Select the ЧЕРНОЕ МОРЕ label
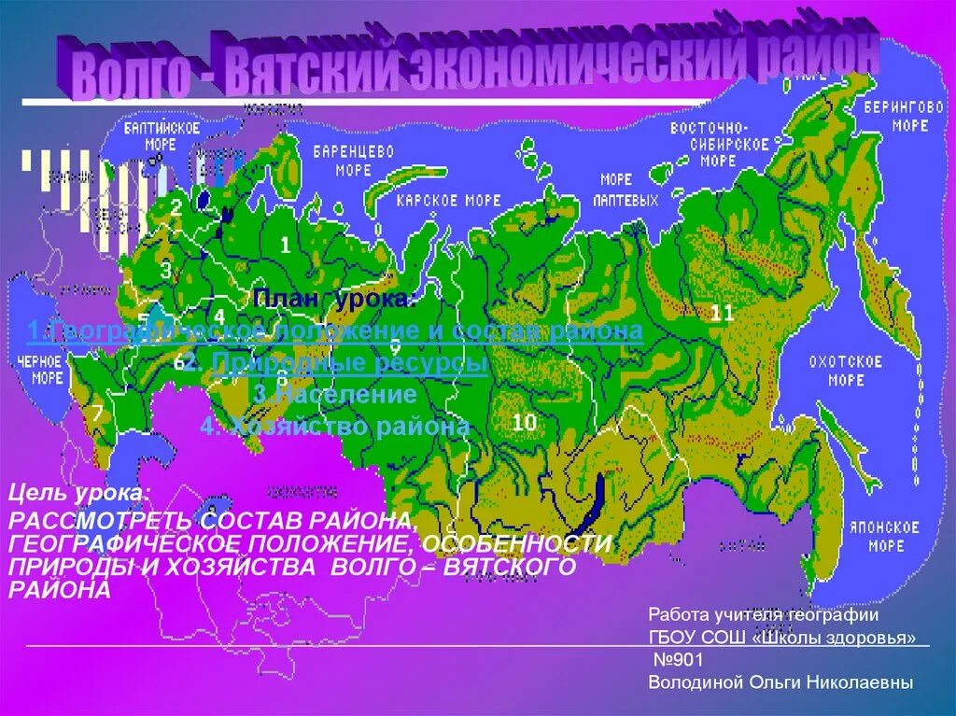43,369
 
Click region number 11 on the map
722,313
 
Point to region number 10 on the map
524,423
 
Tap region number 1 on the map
286,246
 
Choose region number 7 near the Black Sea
98,411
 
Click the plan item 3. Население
333,395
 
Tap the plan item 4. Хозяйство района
334,427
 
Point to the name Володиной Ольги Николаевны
780,682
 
